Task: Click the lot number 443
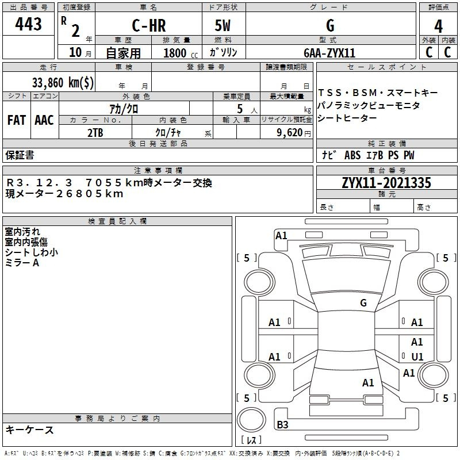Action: pos(28,25)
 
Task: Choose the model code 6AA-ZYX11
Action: pos(329,53)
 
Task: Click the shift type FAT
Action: pos(16,120)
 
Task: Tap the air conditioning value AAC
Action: pos(44,120)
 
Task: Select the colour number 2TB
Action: pos(95,132)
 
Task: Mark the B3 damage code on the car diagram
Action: pos(282,425)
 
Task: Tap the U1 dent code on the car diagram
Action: pos(417,356)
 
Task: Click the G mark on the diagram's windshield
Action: pos(363,302)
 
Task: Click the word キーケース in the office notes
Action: pos(30,430)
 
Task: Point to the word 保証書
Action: pos(20,155)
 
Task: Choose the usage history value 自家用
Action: pos(123,53)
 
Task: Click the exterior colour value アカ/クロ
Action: pos(123,108)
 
